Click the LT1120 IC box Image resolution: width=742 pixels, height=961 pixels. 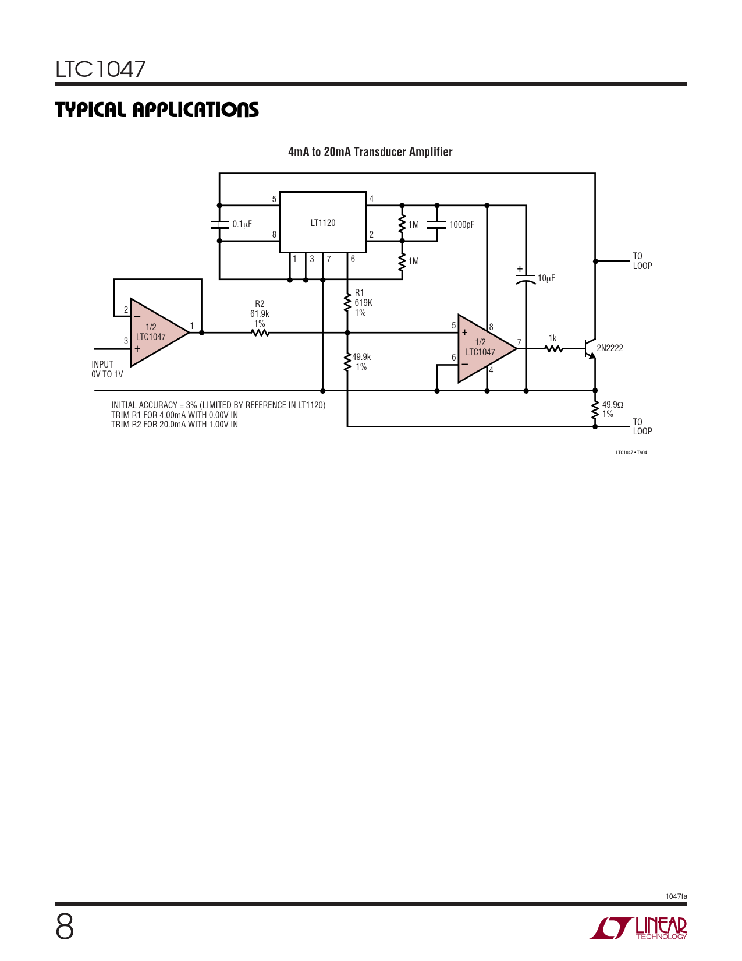click(x=323, y=222)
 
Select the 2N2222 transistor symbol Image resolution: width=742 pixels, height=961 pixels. click(x=591, y=348)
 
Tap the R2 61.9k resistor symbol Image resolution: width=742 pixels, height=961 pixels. click(x=260, y=333)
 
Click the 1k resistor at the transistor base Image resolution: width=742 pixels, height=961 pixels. click(x=553, y=349)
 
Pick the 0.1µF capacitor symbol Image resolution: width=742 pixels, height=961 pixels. click(x=219, y=224)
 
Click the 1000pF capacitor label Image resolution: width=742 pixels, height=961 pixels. click(x=462, y=225)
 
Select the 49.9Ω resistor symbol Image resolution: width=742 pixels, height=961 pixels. click(x=595, y=409)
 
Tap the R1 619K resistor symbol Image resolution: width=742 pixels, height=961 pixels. click(x=347, y=303)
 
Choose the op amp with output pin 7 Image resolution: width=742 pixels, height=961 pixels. click(x=487, y=348)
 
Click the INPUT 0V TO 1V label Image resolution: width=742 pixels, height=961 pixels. click(x=108, y=369)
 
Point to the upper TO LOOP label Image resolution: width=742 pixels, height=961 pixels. click(x=642, y=261)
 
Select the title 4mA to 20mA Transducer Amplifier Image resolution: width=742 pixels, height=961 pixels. click(x=370, y=151)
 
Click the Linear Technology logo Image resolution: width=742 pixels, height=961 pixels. click(x=638, y=928)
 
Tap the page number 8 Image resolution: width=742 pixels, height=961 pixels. click(x=65, y=927)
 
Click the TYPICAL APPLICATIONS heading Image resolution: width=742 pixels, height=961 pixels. click(x=157, y=109)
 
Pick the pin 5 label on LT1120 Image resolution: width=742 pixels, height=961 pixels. click(x=274, y=199)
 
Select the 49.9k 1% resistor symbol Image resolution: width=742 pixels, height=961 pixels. click(x=347, y=362)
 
